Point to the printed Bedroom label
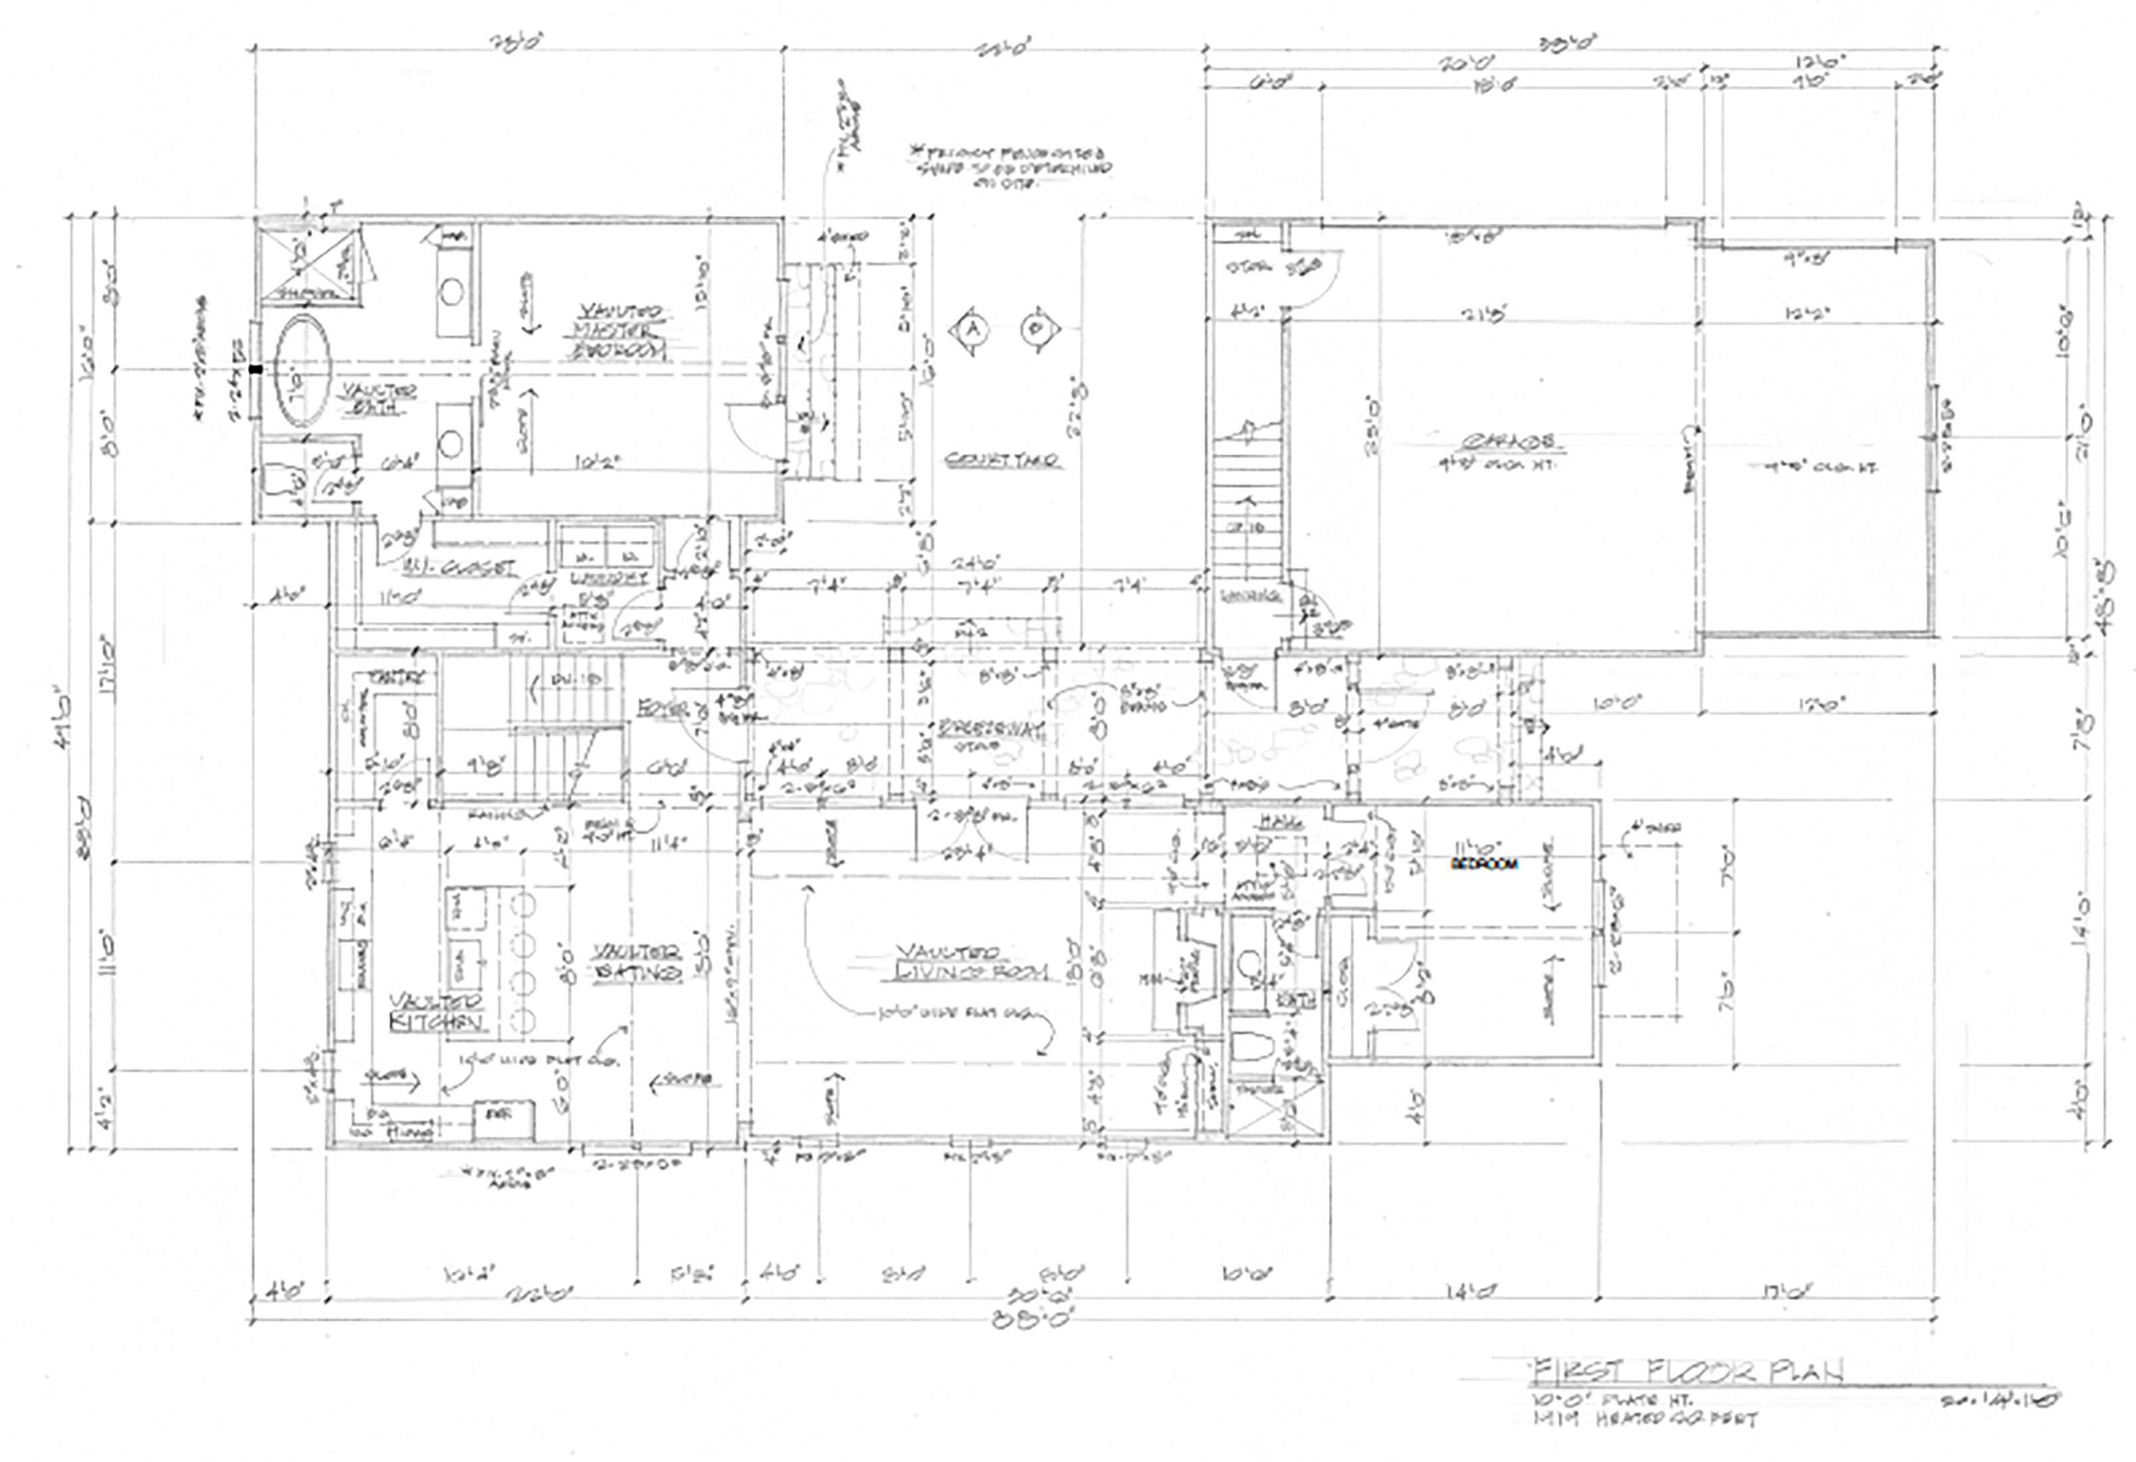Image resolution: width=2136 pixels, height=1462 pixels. (x=1484, y=864)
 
